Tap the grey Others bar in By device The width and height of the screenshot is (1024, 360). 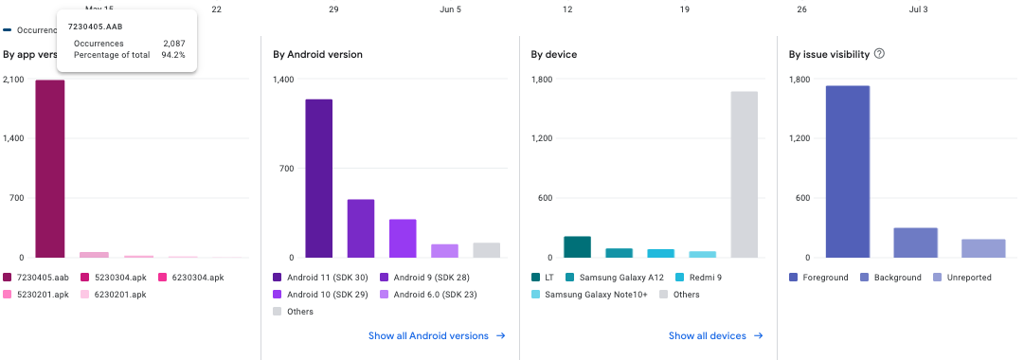pyautogui.click(x=744, y=174)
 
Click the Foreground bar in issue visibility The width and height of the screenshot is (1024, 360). pyautogui.click(x=847, y=171)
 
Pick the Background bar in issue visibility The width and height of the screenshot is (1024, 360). pyautogui.click(x=915, y=243)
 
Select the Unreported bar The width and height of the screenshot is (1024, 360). pyautogui.click(x=983, y=248)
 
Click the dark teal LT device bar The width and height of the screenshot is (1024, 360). pyautogui.click(x=577, y=246)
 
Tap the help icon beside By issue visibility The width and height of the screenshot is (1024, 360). pyautogui.click(x=879, y=54)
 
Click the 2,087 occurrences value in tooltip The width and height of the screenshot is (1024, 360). pyautogui.click(x=173, y=44)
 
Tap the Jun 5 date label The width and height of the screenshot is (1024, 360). pyautogui.click(x=451, y=9)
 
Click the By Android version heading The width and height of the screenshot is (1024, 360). pyautogui.click(x=317, y=54)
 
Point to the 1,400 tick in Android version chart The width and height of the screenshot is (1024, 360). pyautogui.click(x=283, y=80)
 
